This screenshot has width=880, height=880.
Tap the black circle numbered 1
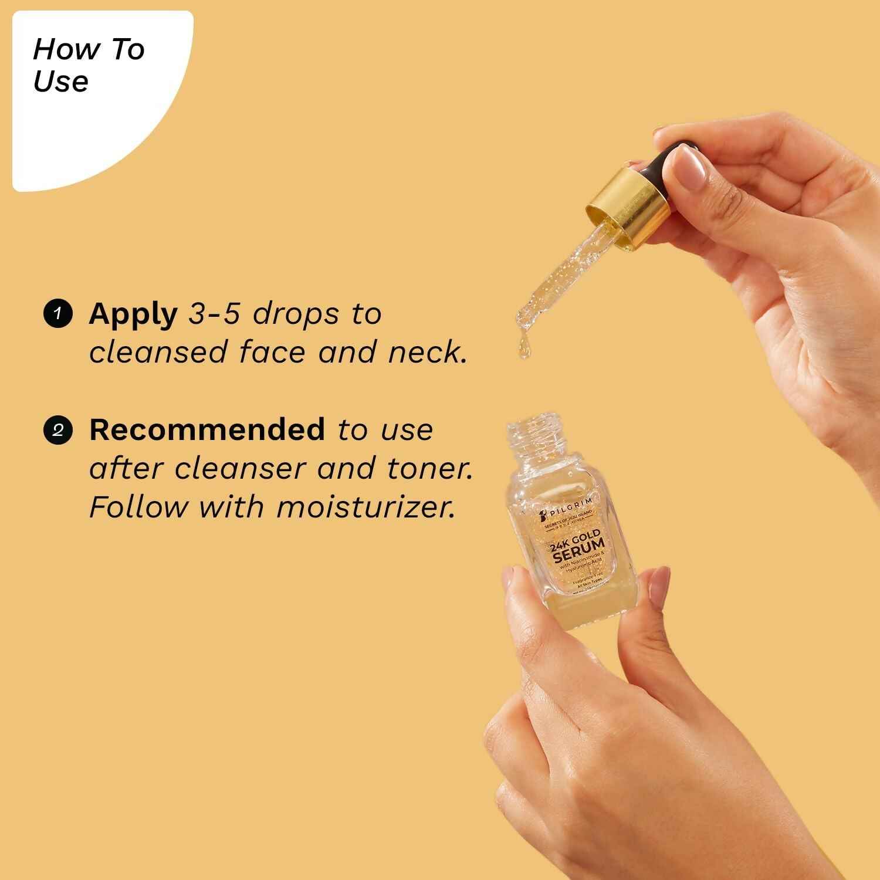tap(57, 314)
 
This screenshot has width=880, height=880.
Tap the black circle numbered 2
tap(57, 430)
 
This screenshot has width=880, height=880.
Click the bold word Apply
tap(133, 315)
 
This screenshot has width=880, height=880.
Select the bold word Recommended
tap(207, 430)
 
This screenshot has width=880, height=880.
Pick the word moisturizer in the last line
tap(365, 506)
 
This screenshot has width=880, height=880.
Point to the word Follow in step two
tap(138, 506)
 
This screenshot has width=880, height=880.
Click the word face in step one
tap(273, 352)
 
